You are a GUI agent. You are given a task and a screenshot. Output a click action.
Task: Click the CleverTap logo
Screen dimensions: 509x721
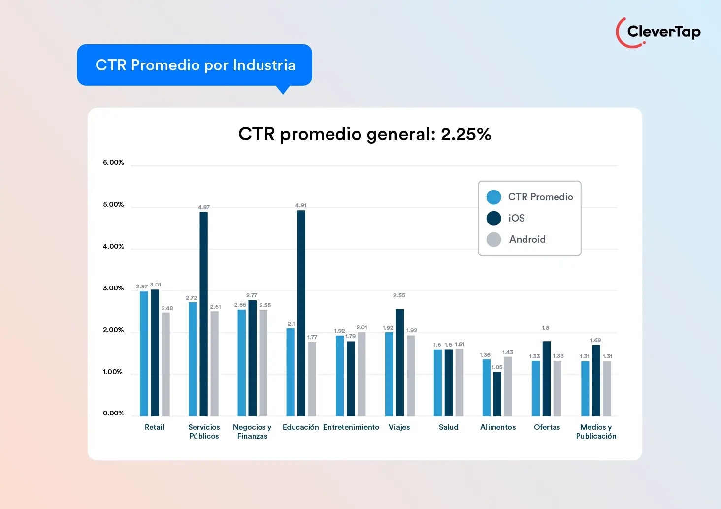pos(658,32)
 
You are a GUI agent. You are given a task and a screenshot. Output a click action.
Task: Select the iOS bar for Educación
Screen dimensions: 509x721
pos(301,313)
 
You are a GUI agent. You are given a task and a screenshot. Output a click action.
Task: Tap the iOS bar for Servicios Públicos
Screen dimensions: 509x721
pos(203,314)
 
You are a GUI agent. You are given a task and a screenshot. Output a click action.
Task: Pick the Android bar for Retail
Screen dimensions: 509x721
pos(165,364)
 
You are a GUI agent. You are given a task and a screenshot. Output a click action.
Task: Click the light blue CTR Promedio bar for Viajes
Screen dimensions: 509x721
pos(389,374)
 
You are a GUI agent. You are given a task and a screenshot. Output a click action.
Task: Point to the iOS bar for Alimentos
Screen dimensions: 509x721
pos(497,394)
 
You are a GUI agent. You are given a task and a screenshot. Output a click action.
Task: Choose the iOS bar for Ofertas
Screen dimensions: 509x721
pos(547,379)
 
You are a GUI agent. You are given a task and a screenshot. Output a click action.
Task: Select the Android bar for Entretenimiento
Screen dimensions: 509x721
pos(361,374)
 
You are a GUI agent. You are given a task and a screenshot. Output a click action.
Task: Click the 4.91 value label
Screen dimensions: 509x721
pos(301,205)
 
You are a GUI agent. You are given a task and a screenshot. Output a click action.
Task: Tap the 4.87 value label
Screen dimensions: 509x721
pos(204,207)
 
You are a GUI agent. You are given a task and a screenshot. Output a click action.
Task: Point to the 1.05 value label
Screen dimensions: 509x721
pos(497,367)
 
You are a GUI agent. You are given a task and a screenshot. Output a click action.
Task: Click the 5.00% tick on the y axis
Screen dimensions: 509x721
pos(113,204)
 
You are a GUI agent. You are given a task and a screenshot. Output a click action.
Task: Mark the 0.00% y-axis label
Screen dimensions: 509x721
pos(113,413)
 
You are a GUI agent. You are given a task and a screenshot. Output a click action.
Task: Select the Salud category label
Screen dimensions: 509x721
pos(448,427)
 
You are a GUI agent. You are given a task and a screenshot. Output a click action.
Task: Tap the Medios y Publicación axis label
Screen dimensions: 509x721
pos(596,432)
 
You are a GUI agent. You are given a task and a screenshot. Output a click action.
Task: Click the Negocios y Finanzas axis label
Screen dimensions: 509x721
pos(252,432)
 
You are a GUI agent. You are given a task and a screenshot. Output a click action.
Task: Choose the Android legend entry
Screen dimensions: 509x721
pos(527,239)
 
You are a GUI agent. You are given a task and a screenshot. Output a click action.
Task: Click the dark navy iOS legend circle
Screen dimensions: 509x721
pos(493,218)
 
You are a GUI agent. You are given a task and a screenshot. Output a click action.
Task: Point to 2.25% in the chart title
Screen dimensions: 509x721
pos(466,134)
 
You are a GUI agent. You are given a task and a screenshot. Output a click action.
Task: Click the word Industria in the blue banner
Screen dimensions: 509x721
pos(264,65)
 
